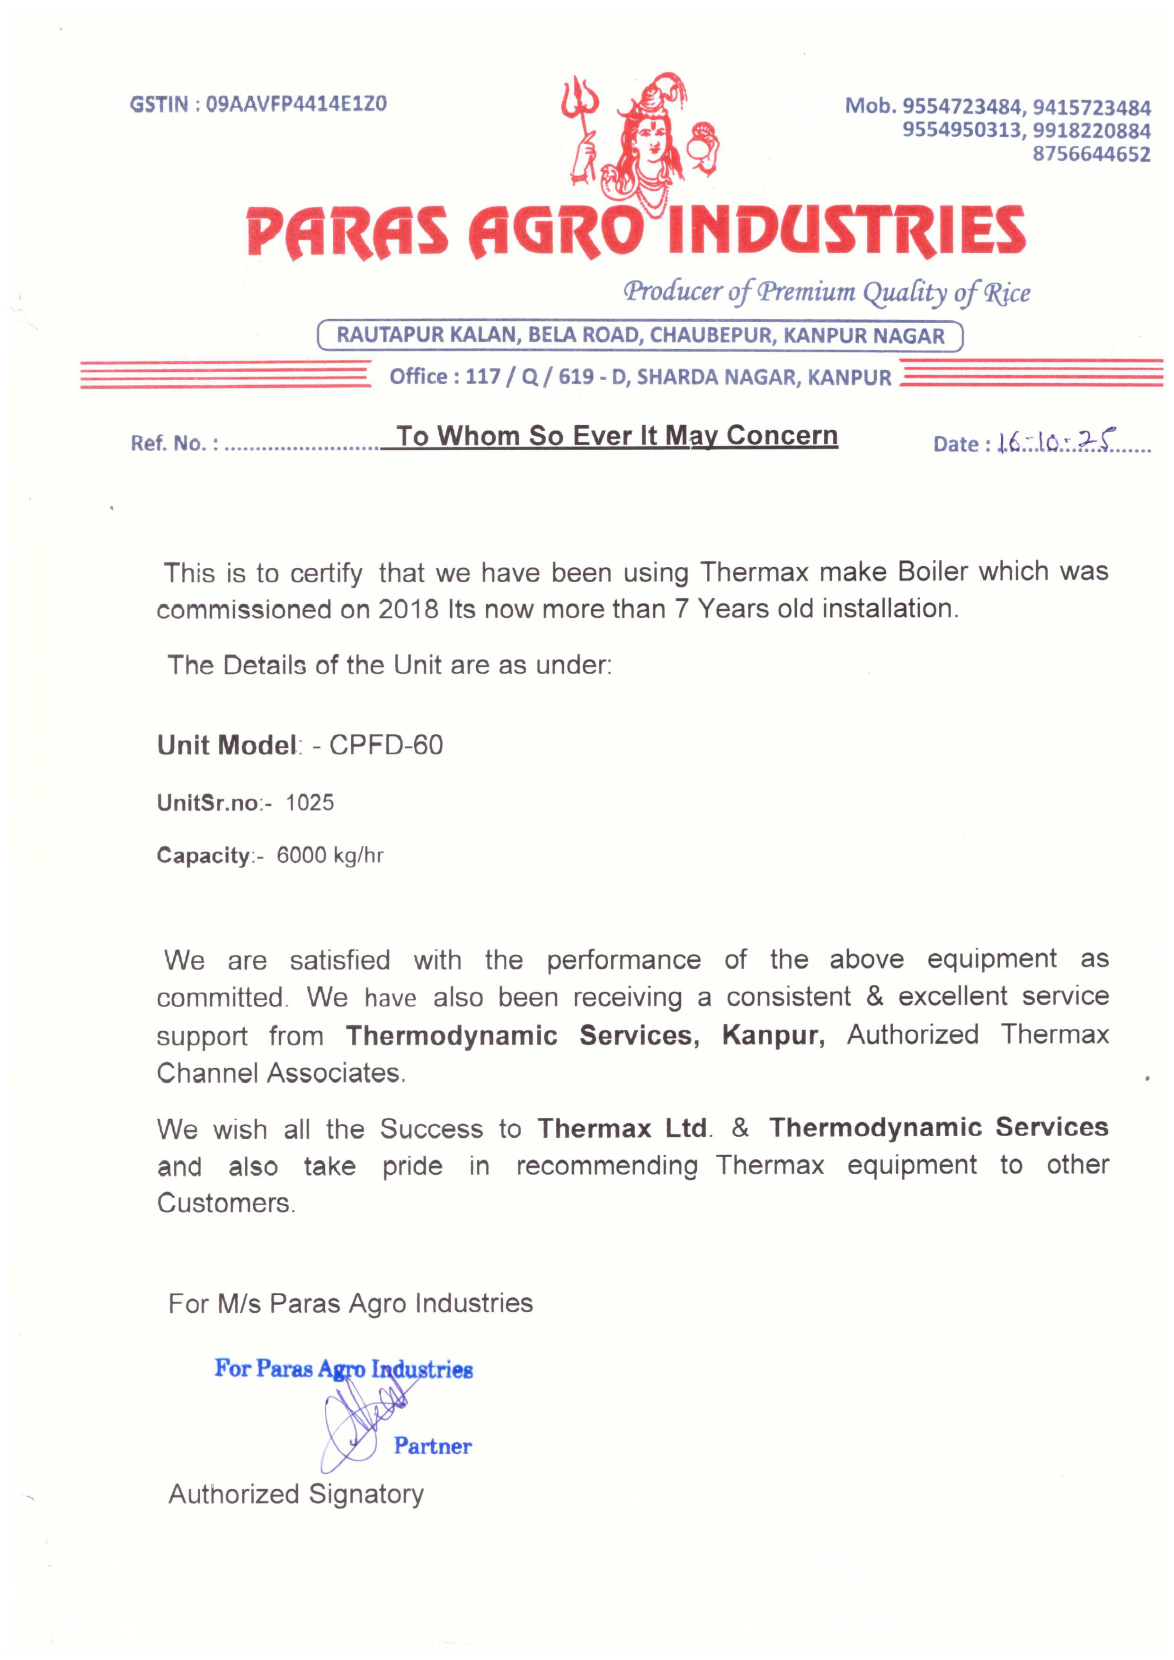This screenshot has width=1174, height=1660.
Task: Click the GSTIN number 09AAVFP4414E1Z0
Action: (296, 104)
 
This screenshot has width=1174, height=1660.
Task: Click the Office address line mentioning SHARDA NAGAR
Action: (640, 377)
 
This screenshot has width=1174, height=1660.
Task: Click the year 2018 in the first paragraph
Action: (408, 609)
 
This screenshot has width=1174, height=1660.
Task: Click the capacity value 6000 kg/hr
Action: (330, 855)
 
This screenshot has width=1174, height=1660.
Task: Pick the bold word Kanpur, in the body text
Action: (773, 1036)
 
